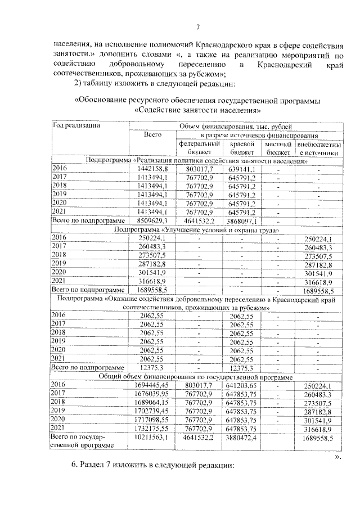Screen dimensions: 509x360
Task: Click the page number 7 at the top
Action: click(x=197, y=28)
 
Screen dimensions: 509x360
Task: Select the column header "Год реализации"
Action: click(x=76, y=126)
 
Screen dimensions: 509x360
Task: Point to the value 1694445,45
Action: click(x=148, y=385)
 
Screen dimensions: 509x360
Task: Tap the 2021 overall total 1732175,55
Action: click(x=148, y=428)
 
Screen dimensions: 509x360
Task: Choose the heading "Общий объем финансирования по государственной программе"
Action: click(x=196, y=376)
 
